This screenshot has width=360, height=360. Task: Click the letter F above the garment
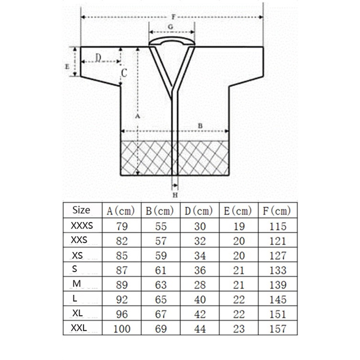point(174,17)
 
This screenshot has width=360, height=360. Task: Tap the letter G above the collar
point(171,27)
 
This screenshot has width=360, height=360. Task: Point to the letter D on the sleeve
point(98,58)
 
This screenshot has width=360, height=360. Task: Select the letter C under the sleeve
point(124,73)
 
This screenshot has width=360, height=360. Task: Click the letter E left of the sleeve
point(67,67)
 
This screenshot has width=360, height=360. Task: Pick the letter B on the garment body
point(200,126)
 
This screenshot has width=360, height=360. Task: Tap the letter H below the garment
point(175,195)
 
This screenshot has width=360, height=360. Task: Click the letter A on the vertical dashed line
point(137,116)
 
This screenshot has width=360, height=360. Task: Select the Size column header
point(81,210)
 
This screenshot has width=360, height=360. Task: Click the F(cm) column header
point(277,211)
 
